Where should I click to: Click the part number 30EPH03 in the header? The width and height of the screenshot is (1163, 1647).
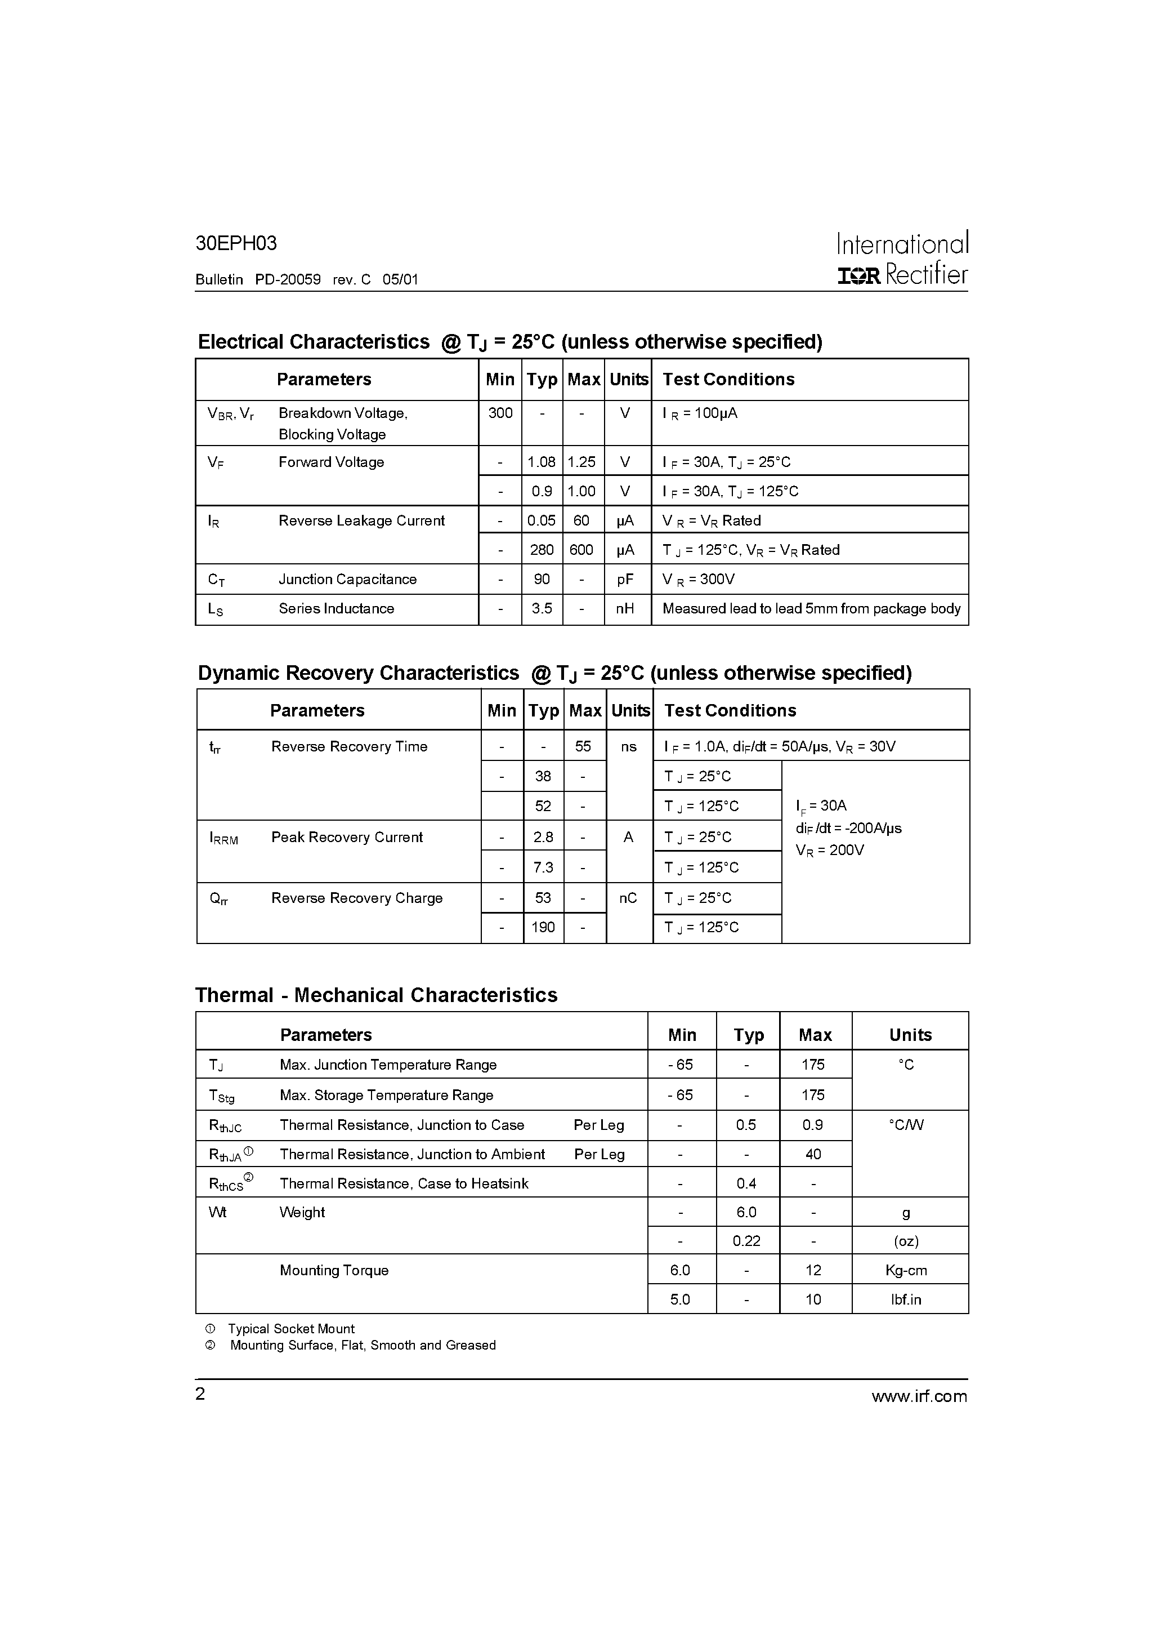point(236,244)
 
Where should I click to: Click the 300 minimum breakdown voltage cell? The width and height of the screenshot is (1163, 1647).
point(500,413)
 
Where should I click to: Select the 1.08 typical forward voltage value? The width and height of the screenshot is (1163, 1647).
point(542,462)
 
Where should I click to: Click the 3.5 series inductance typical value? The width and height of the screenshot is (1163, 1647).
point(542,608)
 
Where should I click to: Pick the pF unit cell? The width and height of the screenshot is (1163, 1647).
point(625,580)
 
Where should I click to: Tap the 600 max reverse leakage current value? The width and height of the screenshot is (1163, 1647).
point(581,550)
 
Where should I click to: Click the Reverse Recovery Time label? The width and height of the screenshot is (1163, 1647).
point(349,747)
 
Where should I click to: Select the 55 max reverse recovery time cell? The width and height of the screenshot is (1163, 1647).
point(583,747)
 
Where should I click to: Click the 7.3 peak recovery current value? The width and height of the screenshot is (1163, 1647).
point(543,867)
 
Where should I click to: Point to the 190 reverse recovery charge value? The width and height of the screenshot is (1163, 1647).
point(543,928)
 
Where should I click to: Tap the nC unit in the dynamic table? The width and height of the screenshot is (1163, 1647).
point(628,898)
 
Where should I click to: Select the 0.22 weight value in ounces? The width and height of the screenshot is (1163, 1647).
point(746,1241)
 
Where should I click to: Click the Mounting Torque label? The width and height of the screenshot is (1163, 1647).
point(334,1270)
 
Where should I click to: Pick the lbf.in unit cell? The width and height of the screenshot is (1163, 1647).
point(906,1300)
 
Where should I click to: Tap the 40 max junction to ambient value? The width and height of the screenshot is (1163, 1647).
point(813,1154)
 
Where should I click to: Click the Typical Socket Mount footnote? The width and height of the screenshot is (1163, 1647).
point(291,1329)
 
